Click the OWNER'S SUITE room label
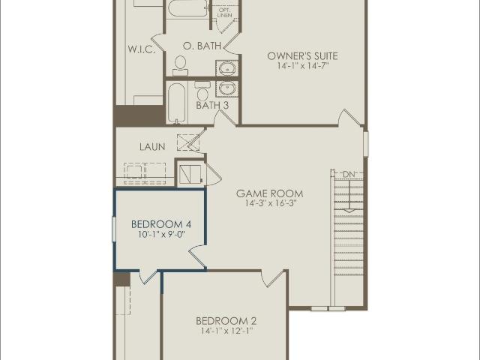(302, 56)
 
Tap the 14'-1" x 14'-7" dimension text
(303, 66)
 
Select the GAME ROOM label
(270, 193)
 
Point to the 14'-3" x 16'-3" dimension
(271, 203)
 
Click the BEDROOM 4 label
(161, 224)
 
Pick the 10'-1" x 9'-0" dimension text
(162, 235)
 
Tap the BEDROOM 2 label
(226, 321)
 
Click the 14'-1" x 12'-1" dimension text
(226, 331)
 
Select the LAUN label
(152, 147)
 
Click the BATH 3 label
(212, 106)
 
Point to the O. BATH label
(202, 46)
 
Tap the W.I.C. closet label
(142, 49)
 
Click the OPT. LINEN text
(225, 13)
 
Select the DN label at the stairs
(348, 175)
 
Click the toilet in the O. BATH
(180, 65)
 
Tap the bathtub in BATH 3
(177, 103)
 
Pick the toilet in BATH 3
(202, 90)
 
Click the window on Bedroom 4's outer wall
(114, 229)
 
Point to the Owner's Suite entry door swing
(351, 117)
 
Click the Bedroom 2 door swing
(273, 278)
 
